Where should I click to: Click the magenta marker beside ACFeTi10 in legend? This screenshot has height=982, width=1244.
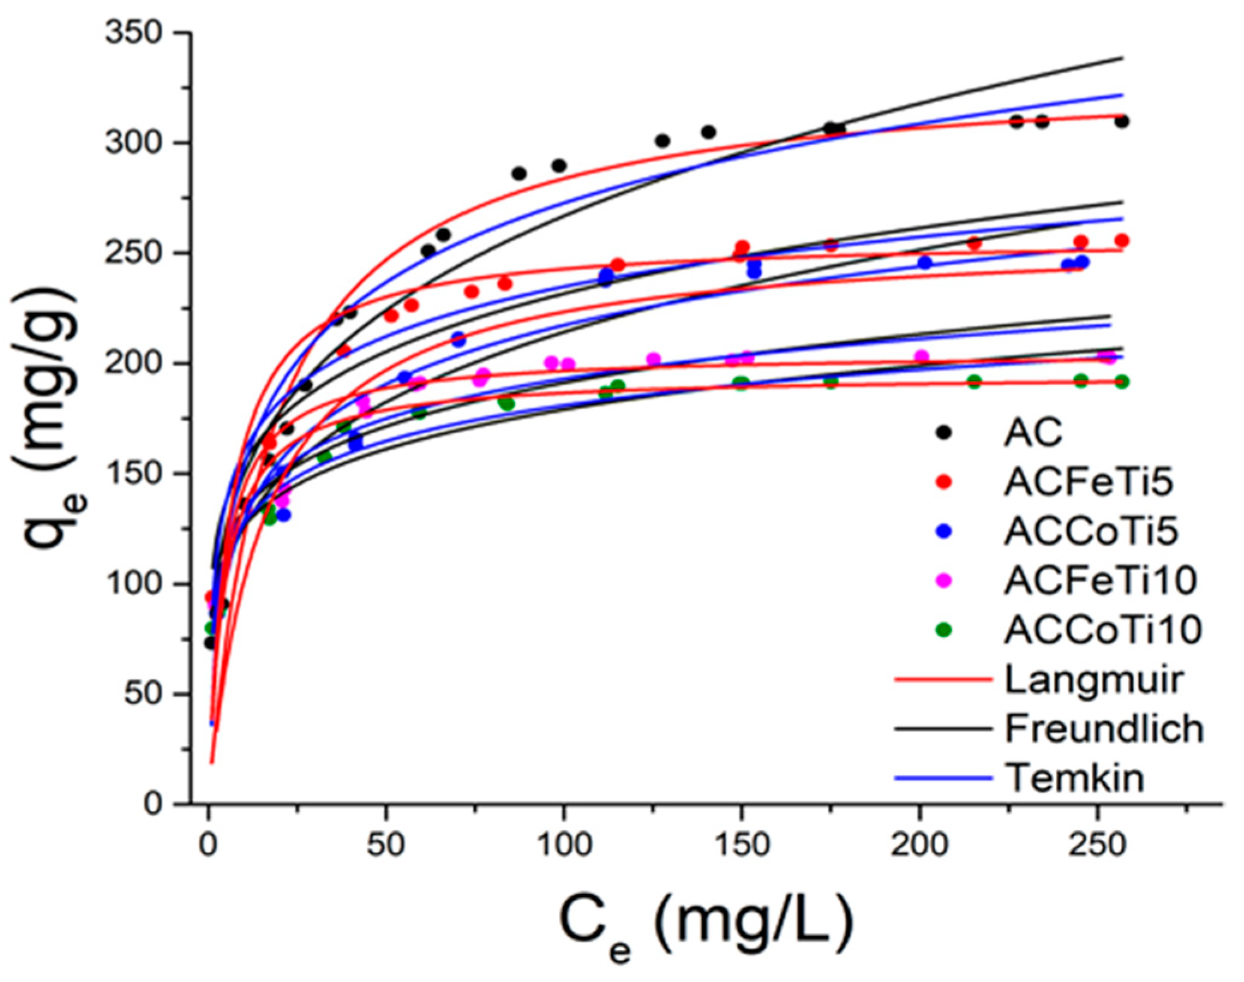coord(944,581)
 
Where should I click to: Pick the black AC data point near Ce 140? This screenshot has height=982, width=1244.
coord(709,132)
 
